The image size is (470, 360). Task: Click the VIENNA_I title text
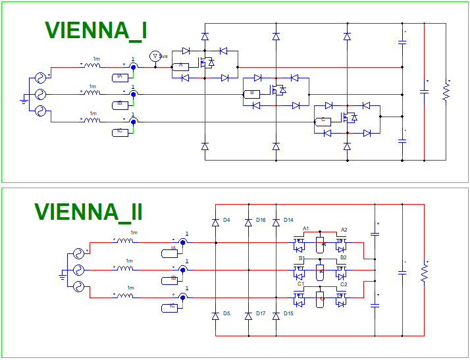pos(95,30)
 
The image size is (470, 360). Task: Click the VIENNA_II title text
pos(88,212)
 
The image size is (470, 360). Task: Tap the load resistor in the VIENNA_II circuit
pos(424,272)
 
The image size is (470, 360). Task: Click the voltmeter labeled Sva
pos(155,57)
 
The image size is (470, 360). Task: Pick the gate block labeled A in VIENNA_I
pos(180,66)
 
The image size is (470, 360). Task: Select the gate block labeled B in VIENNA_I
pos(251,93)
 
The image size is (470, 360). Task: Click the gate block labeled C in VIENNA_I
pos(323,121)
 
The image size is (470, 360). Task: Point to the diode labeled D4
pos(215,222)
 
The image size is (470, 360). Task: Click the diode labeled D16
pos(248,222)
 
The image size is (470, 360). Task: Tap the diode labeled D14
pos(276,222)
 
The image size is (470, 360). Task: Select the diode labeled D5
pos(215,316)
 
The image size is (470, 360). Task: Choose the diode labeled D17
pos(248,316)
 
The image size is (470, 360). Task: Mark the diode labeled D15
pos(276,316)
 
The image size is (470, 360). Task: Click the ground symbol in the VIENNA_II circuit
pos(62,276)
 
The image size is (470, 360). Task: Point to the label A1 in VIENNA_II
pos(305,228)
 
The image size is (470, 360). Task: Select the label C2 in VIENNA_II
pos(344,284)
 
